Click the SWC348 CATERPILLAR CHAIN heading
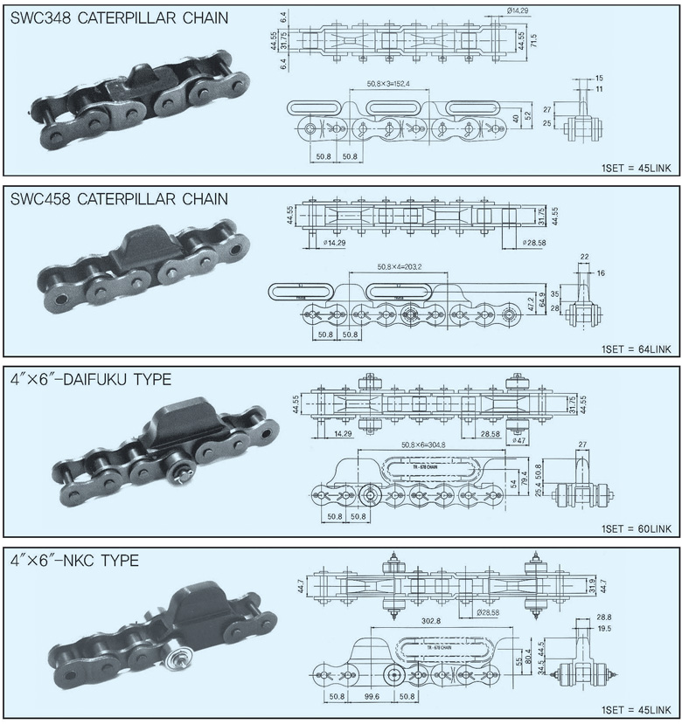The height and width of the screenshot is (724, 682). click(118, 17)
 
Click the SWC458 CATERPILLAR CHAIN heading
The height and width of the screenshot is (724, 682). click(118, 199)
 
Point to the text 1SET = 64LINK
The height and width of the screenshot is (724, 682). click(636, 349)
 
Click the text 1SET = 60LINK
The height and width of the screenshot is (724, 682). click(636, 529)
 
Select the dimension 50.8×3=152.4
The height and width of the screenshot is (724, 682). click(388, 85)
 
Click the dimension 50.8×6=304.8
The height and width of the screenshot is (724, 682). click(423, 445)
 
